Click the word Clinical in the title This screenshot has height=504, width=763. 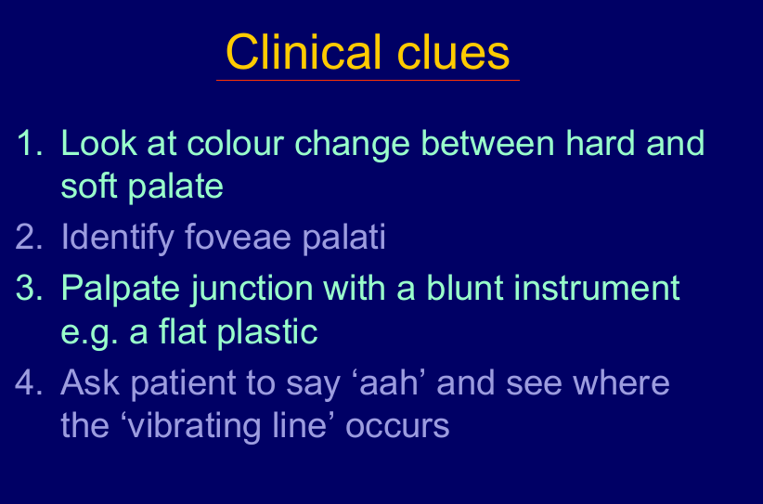tap(304, 52)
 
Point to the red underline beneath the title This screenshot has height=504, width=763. tap(368, 80)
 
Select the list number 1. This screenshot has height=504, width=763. tap(29, 143)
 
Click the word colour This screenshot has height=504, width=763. tap(235, 143)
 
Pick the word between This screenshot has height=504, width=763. tap(487, 143)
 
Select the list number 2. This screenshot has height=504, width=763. tap(29, 237)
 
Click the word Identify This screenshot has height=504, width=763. tap(117, 238)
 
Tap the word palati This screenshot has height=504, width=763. tap(344, 238)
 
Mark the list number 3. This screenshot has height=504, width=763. tap(29, 288)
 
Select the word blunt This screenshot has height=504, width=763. tap(465, 288)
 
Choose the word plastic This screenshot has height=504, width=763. tap(267, 331)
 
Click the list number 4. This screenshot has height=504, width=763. tap(29, 382)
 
